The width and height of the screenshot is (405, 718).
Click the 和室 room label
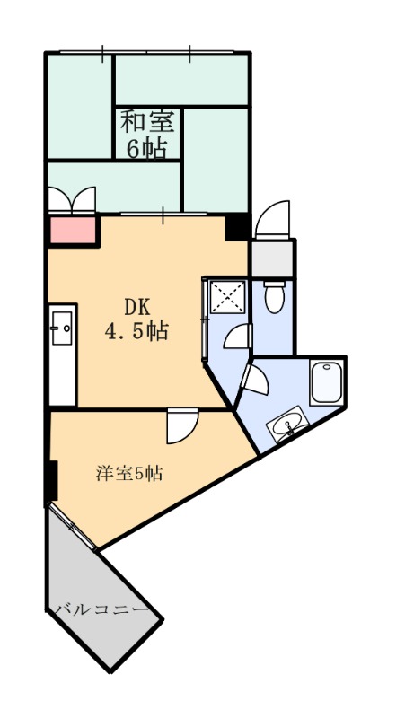coord(147,123)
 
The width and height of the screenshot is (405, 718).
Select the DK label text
coord(137,307)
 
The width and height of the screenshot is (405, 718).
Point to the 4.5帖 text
coord(137,330)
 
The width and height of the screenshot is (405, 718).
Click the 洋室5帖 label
coord(129,473)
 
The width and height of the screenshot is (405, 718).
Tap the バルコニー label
coord(102,609)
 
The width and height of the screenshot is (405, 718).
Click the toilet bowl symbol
coord(275,298)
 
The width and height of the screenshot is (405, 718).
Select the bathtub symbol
coord(326,383)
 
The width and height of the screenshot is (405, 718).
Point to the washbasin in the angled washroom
coord(288,425)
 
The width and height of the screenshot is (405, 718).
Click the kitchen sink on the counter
coord(62,328)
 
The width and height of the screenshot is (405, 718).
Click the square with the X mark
coord(228,296)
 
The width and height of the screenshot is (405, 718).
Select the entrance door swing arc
coord(272,219)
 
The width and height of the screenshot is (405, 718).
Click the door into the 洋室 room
coord(182,425)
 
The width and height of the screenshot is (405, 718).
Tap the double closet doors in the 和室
coord(72,200)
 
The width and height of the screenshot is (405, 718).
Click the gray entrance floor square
coord(272,258)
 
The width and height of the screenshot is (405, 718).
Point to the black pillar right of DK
coord(237,228)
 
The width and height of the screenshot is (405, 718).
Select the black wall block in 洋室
coord(51,480)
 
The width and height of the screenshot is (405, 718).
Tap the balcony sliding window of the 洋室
coord(73,528)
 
